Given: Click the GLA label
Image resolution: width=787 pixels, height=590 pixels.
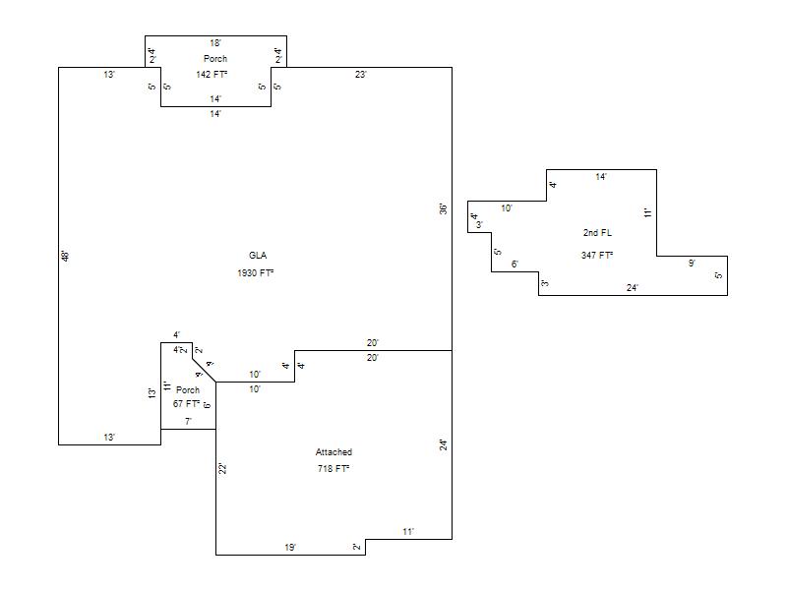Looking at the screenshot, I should (258, 256).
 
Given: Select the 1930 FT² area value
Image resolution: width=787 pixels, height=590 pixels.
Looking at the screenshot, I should (255, 272).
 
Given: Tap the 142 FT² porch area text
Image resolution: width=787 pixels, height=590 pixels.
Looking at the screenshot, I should (212, 75).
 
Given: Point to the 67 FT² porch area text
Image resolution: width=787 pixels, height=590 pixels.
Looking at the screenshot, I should (187, 404).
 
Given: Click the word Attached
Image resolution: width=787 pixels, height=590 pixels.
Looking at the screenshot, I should (333, 452).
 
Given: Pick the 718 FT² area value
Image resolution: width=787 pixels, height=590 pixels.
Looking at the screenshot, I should (333, 469).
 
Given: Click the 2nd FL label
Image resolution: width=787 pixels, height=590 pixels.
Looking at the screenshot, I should (597, 233).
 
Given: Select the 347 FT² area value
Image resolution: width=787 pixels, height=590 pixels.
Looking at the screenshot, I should (597, 256).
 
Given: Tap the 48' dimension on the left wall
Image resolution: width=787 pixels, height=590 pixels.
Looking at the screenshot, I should (66, 256).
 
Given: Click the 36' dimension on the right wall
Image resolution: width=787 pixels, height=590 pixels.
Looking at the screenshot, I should (444, 209).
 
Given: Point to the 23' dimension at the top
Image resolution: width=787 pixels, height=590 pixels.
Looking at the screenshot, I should (361, 75).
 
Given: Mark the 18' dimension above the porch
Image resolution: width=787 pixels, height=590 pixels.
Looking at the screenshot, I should (215, 43).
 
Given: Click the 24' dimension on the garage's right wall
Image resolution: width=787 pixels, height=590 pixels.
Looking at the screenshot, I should (444, 444).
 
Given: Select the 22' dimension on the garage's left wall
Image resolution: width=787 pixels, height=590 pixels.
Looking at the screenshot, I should (223, 469).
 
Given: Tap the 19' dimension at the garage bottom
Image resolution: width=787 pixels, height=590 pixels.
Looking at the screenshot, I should (290, 547).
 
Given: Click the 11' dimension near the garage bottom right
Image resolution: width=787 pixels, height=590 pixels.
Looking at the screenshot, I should (408, 532).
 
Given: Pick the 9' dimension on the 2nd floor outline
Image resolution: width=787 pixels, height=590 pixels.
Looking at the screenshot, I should (692, 264).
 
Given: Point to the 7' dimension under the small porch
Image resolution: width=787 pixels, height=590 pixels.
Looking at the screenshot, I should (188, 422).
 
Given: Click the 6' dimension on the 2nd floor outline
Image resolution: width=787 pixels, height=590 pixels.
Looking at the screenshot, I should (515, 265).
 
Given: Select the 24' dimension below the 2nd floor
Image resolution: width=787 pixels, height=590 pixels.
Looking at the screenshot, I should (633, 288).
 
